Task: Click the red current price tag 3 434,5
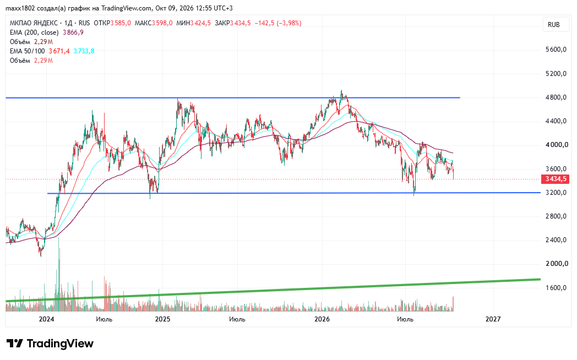click(556, 179)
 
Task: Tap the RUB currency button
click(553, 25)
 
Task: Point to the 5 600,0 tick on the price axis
click(556, 50)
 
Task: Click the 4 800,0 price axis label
click(556, 97)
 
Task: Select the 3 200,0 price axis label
click(556, 193)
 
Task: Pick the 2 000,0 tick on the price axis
click(556, 264)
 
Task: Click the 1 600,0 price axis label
click(556, 287)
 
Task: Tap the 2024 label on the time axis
click(46, 319)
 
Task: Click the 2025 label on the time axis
click(162, 319)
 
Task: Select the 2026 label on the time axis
click(322, 319)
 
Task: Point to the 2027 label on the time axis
click(493, 319)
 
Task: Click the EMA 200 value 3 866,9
click(73, 32)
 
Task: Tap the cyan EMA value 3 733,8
click(84, 51)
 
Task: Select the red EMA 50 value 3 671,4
click(59, 51)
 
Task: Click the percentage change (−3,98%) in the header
click(289, 23)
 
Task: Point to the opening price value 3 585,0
click(121, 23)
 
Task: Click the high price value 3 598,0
click(162, 23)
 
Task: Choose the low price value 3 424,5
click(200, 23)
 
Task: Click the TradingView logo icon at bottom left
click(15, 343)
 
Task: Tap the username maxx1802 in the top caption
click(20, 8)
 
